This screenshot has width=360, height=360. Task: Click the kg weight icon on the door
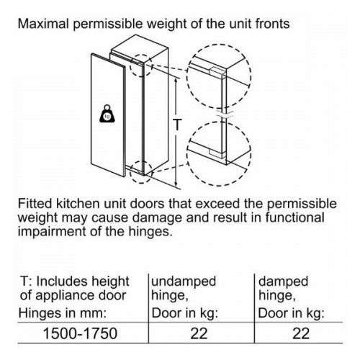click(107, 114)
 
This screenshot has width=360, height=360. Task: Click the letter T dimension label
click(177, 125)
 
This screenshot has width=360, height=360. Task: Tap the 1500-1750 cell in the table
click(80, 333)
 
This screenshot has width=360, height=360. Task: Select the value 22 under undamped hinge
click(199, 333)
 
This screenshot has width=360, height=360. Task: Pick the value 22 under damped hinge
click(301, 333)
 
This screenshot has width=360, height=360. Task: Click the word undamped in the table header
click(184, 281)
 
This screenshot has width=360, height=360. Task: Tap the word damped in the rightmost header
click(283, 281)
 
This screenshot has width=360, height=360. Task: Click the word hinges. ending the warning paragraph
click(150, 231)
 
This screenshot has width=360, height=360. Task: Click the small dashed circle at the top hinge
click(141, 65)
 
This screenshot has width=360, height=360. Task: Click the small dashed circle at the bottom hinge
click(141, 172)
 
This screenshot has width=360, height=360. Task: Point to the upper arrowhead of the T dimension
click(176, 79)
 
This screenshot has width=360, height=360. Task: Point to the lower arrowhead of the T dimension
click(176, 184)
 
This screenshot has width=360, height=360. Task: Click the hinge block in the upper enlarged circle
click(217, 72)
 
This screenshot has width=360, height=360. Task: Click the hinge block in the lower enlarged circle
click(217, 153)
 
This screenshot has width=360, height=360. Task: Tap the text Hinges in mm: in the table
click(63, 313)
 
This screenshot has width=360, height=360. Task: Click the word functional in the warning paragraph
click(295, 217)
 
